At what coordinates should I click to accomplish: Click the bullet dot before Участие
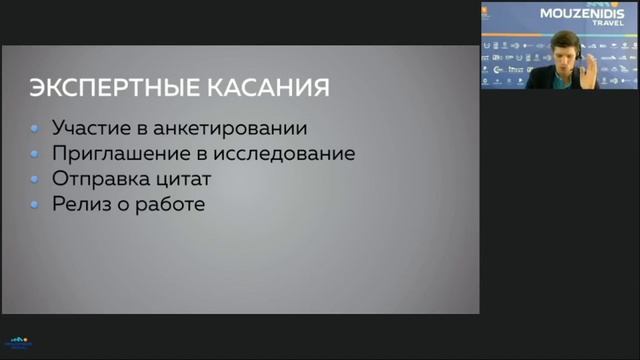coord(35,130)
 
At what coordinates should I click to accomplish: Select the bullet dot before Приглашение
coord(35,155)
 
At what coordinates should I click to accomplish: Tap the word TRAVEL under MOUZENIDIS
coord(608,24)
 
